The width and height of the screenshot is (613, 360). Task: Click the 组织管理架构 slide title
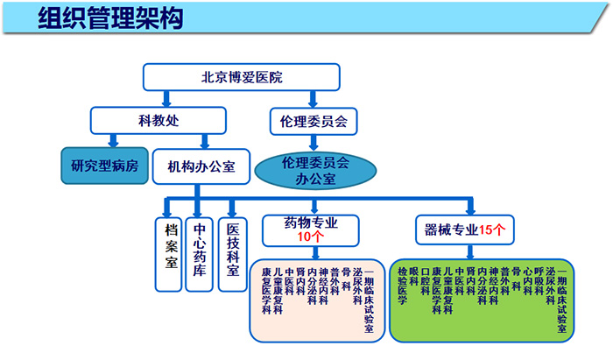[110, 19]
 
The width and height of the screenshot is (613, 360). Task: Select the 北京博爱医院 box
[242, 77]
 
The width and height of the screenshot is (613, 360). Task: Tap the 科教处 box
[159, 119]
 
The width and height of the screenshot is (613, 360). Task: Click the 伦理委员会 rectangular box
[313, 119]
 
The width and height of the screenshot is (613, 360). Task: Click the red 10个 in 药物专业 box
[312, 236]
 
